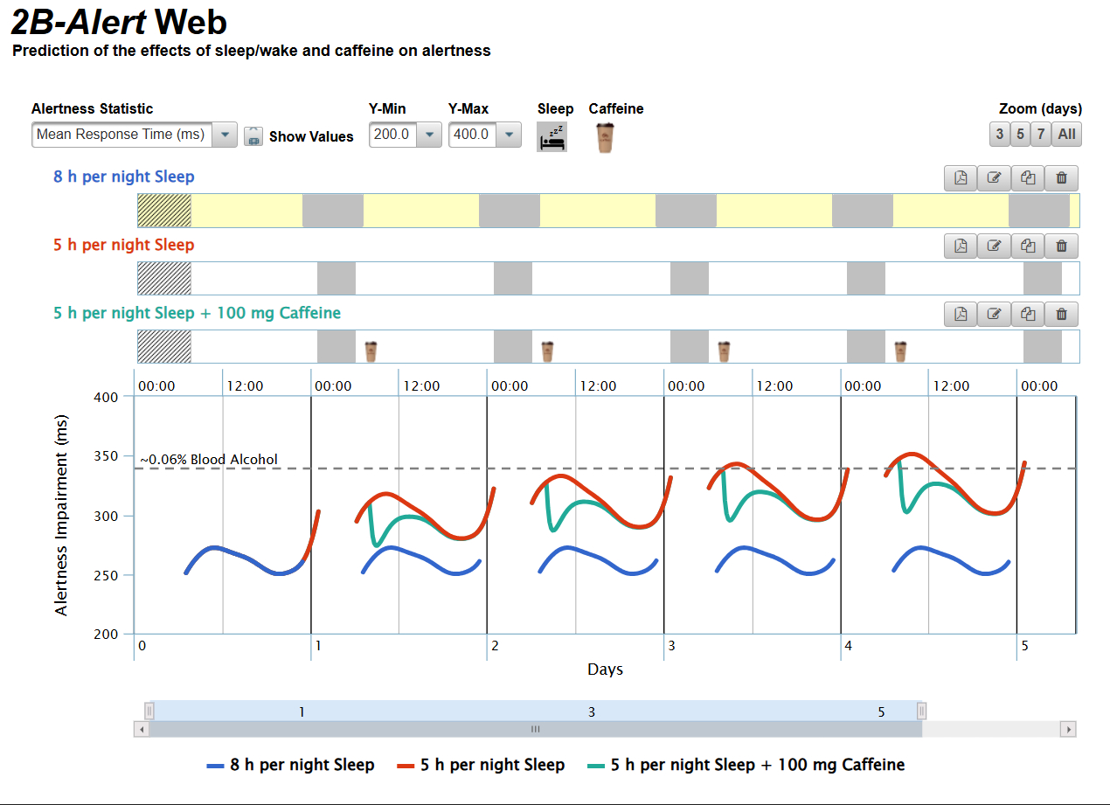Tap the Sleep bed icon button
coord(552,137)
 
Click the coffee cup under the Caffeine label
coord(604,137)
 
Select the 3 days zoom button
coord(1000,134)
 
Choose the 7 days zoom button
coord(1040,134)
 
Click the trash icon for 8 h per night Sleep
coord(1061,177)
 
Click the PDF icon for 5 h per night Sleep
coord(961,246)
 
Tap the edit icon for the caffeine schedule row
coord(994,314)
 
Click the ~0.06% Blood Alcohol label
coord(209,460)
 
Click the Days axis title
coord(605,670)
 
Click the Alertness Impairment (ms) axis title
coord(61,515)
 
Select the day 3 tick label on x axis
coord(671,646)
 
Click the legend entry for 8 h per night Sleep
coord(291,765)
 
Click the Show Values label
coord(311,136)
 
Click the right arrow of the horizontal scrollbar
coord(1067,728)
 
